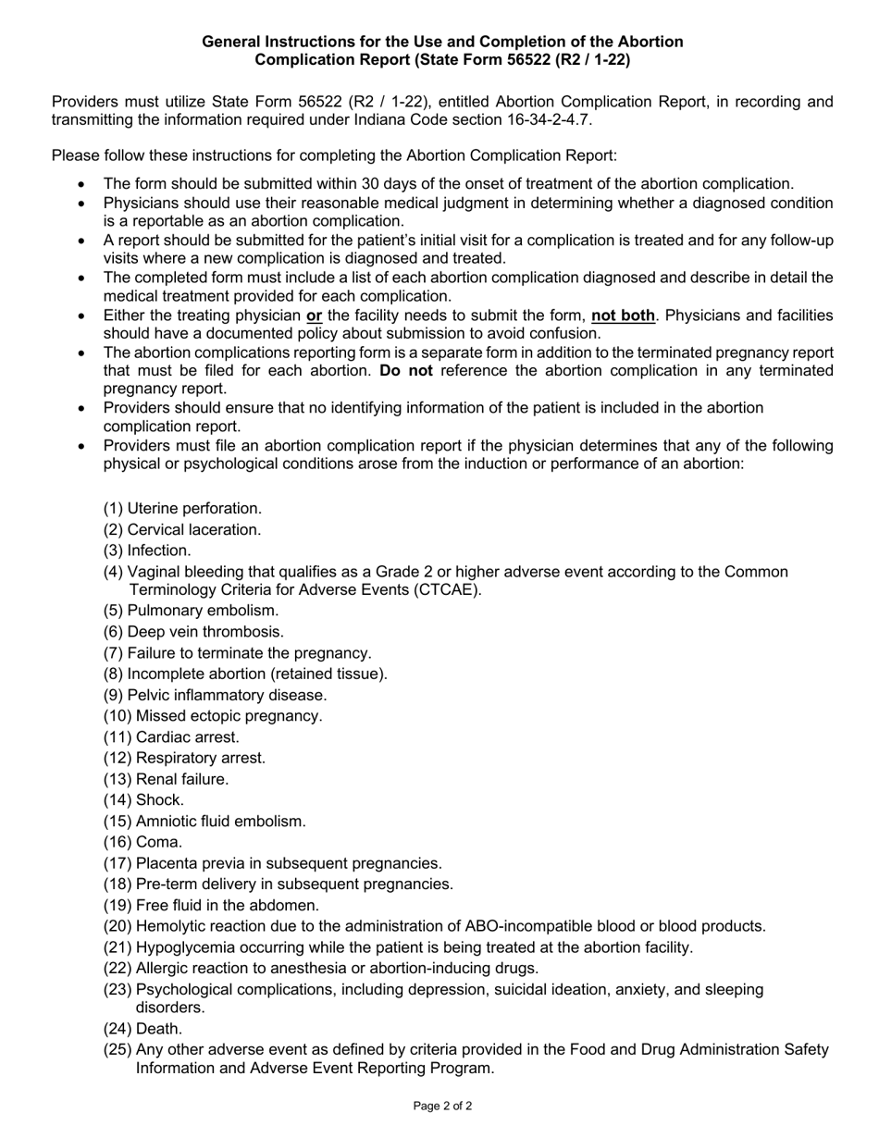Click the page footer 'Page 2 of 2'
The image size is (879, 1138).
(442, 1106)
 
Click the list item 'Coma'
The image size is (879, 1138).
(158, 842)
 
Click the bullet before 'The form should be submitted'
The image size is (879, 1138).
(83, 184)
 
